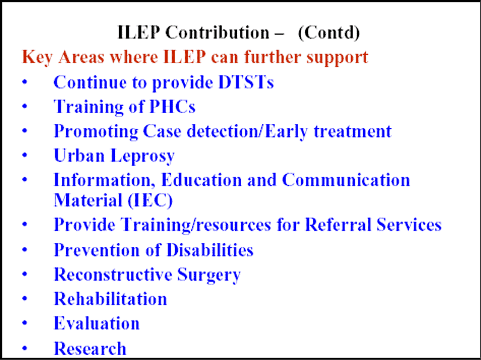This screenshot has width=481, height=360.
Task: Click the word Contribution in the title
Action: pos(217,32)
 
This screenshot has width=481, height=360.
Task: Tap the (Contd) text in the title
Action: pos(328,33)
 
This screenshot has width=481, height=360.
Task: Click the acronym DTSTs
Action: pos(246,82)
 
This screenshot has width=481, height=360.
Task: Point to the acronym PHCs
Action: pos(172,107)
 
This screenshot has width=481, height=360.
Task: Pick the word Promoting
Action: pos(96,132)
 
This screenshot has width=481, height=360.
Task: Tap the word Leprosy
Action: pos(142,156)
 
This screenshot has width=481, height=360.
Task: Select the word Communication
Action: pos(346,180)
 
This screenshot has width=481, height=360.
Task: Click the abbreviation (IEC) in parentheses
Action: pos(150,201)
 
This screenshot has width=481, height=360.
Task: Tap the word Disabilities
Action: pos(210,249)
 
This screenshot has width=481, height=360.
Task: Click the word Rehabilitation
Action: pos(111,299)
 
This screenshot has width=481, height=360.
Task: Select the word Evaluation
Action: pos(97,323)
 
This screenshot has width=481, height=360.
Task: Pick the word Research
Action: pos(90,349)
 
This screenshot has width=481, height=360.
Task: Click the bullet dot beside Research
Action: pos(25,349)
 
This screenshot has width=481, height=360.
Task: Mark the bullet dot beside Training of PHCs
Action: pos(25,106)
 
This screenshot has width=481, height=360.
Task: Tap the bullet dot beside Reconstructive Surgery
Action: pos(25,274)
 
